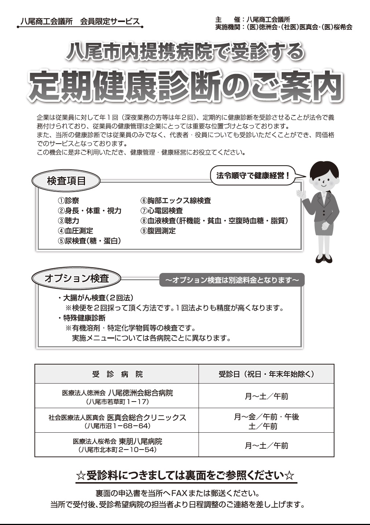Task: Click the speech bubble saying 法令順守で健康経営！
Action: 253,175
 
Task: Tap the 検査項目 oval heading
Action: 66,181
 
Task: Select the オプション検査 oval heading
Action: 77,278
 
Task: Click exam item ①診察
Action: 69,201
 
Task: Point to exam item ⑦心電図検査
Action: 162,211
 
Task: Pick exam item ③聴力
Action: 69,221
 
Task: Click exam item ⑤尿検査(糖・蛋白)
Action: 89,241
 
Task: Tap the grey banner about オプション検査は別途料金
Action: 232,280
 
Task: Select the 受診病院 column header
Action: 117,374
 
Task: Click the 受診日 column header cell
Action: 266,374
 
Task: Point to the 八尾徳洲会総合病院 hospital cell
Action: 117,396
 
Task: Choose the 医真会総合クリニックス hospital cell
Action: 117,421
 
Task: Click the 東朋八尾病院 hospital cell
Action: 117,445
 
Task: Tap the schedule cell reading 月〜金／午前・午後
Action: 266,421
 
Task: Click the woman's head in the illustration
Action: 323,175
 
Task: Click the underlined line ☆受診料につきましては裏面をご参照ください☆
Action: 185,476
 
